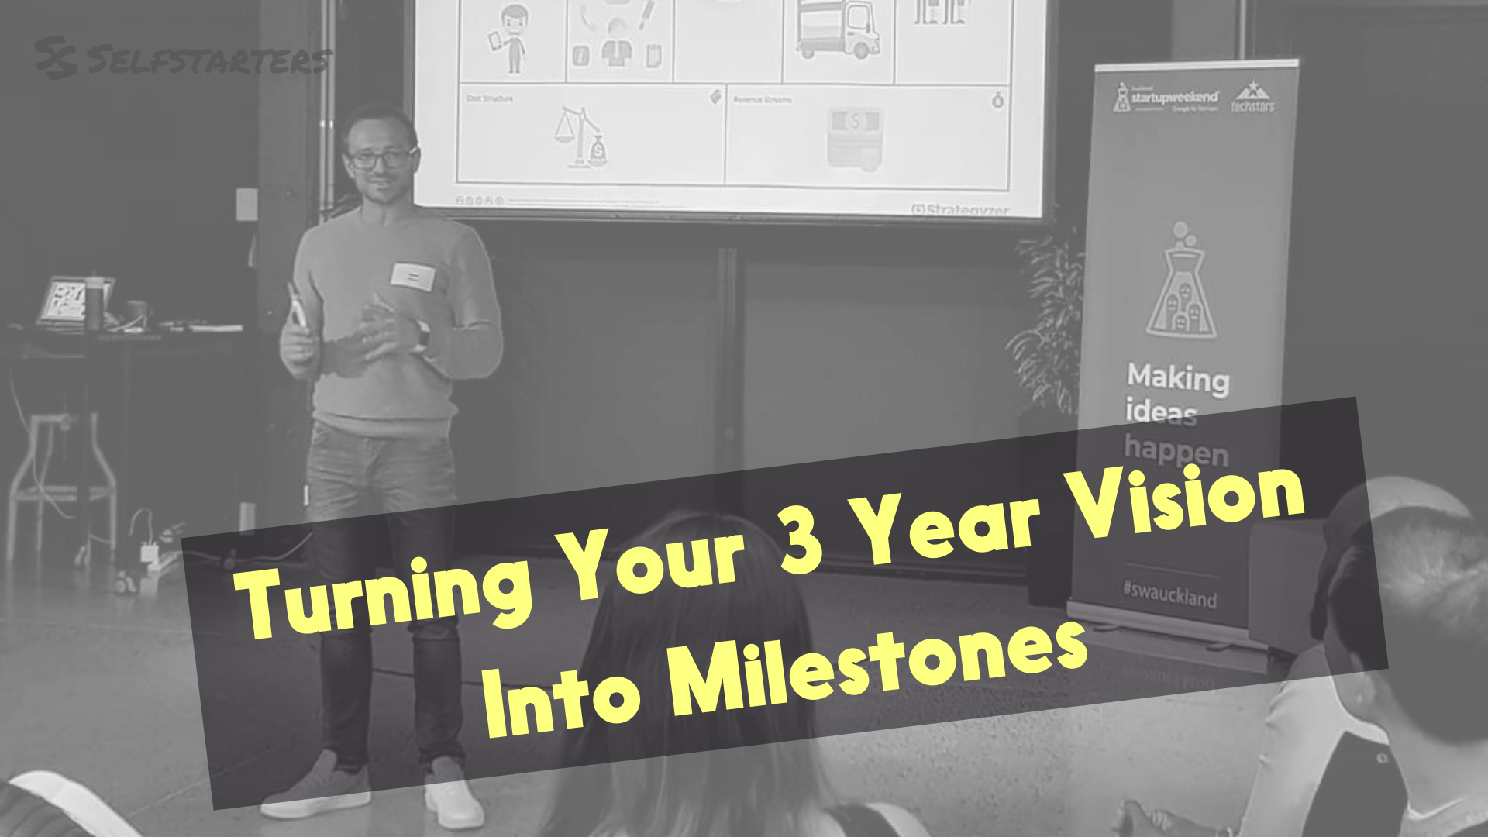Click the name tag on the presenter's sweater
tap(412, 277)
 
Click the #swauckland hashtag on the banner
tap(1169, 594)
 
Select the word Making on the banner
tap(1178, 378)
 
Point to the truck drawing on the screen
tap(838, 29)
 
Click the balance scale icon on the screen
tap(580, 138)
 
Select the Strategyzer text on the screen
tap(961, 209)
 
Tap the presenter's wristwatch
tap(422, 335)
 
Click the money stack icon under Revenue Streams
tap(854, 136)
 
